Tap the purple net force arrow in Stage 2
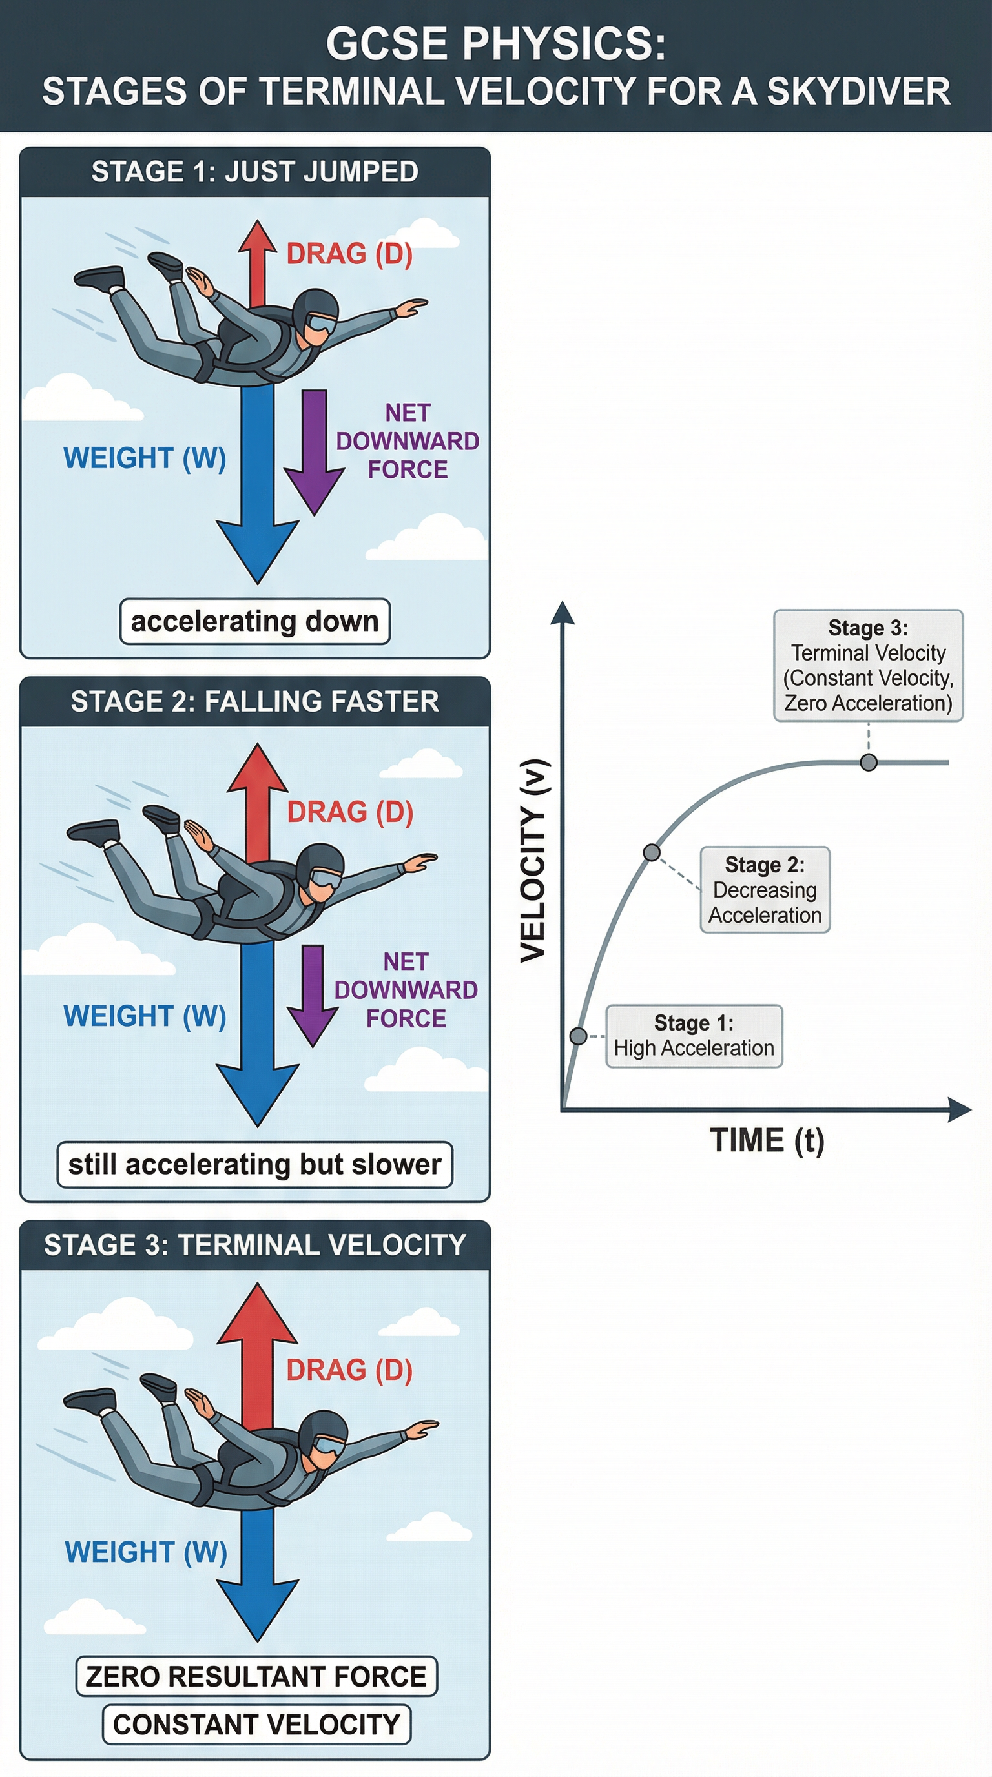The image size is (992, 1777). point(313,994)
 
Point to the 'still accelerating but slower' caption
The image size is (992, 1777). point(254,1164)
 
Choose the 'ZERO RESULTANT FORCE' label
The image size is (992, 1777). point(256,1676)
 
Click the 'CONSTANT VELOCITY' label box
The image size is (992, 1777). point(256,1725)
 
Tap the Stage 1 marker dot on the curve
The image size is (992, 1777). point(579,1036)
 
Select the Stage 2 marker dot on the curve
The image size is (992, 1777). point(651,852)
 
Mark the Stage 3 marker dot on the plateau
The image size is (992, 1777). point(869,762)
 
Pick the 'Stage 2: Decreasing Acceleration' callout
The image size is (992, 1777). point(765,890)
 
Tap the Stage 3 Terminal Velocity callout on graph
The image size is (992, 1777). point(868,666)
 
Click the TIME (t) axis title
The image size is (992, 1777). point(767,1140)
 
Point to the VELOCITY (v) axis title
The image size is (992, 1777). point(533,860)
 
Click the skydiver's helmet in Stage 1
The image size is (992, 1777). point(315,309)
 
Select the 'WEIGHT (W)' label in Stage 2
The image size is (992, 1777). point(145,1016)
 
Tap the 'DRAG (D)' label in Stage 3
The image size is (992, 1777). point(349,1370)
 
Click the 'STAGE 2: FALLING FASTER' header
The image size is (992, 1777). point(254,701)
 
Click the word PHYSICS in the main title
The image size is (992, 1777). point(563,44)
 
